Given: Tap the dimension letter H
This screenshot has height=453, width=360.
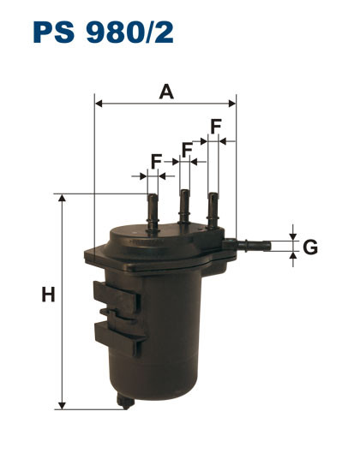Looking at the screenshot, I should (x=48, y=296).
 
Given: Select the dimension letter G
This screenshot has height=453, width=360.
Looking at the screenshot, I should (x=310, y=247).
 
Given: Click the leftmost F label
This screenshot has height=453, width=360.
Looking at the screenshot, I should (x=156, y=160).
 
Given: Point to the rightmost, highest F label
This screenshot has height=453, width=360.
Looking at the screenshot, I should (x=217, y=124).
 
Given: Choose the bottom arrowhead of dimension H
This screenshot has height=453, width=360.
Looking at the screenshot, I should (x=62, y=403).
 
